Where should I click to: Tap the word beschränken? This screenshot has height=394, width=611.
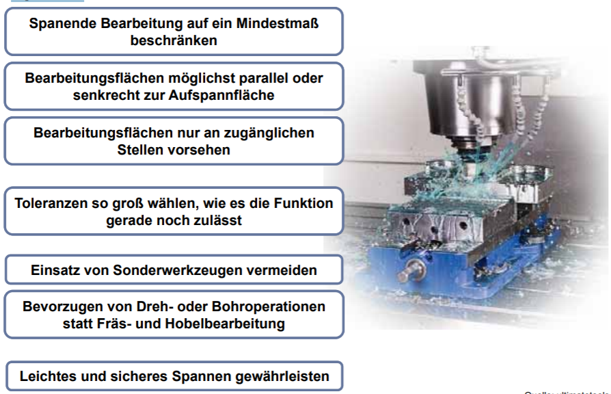click(174, 40)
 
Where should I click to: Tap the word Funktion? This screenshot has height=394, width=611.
click(301, 204)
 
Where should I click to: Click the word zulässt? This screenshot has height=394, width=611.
click(218, 220)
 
